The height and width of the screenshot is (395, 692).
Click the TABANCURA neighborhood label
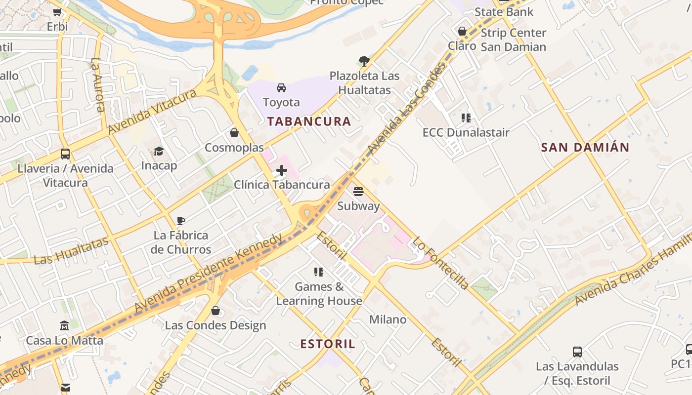(x=309, y=121)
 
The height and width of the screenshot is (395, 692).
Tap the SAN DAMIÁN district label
(x=585, y=147)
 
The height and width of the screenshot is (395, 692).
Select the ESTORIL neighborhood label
(x=328, y=344)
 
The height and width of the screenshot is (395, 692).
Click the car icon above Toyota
(x=281, y=88)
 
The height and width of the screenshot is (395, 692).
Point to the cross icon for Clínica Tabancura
(x=282, y=171)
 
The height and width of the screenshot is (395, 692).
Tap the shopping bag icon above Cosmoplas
(x=234, y=133)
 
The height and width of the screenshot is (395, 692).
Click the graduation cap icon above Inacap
(x=159, y=151)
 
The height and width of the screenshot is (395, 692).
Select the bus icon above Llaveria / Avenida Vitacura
(x=65, y=154)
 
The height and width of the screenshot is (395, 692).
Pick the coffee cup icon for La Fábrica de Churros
(x=181, y=221)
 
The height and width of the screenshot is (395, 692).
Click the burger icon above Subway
(x=358, y=192)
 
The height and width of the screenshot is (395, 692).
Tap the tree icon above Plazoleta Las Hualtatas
(x=364, y=61)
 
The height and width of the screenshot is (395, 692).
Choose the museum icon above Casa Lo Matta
(x=64, y=326)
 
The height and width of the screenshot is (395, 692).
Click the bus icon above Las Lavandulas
(x=577, y=352)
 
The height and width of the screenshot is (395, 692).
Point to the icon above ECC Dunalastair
(x=466, y=118)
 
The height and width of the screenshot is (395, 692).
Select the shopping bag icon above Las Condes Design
(x=215, y=311)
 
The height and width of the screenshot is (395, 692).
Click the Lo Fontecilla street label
(x=440, y=263)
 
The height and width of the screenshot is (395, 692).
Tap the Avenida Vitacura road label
(x=149, y=112)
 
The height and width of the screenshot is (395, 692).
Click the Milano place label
(x=388, y=319)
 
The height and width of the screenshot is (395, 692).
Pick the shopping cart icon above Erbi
(x=57, y=12)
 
